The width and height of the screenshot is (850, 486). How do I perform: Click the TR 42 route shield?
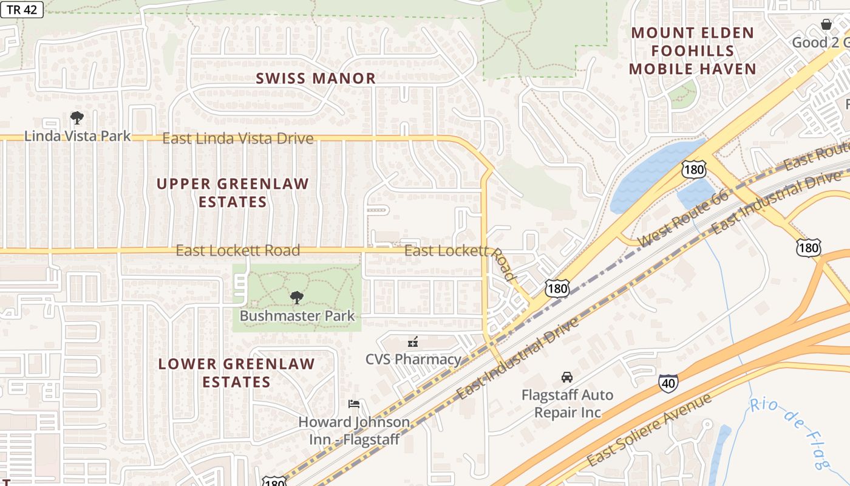(x=22, y=10)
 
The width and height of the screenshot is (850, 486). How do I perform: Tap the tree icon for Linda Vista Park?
(x=76, y=117)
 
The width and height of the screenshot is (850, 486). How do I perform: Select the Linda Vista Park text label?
(x=77, y=135)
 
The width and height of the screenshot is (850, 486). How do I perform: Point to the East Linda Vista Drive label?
(x=238, y=139)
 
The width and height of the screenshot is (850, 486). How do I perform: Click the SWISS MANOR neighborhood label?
(x=316, y=78)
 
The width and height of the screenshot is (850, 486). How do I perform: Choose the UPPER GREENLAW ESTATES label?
(x=233, y=193)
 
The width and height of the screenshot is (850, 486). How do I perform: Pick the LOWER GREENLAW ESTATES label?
(x=236, y=373)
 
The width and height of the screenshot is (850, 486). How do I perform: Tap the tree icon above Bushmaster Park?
(x=296, y=298)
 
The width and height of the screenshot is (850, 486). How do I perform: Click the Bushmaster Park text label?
(x=297, y=316)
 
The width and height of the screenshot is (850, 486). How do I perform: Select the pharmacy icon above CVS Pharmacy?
(x=413, y=343)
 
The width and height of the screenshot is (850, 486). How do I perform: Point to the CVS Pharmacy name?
(x=413, y=359)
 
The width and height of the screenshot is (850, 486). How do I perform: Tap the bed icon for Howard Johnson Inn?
(x=354, y=404)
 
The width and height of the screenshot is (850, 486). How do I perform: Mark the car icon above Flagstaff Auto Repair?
(x=566, y=377)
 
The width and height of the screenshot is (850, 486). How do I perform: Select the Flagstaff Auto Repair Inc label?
(x=567, y=403)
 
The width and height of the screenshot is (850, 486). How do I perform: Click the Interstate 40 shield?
(x=668, y=383)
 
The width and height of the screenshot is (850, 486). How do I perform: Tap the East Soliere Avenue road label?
(x=649, y=430)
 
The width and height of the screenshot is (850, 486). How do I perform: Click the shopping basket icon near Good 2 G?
(x=826, y=24)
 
